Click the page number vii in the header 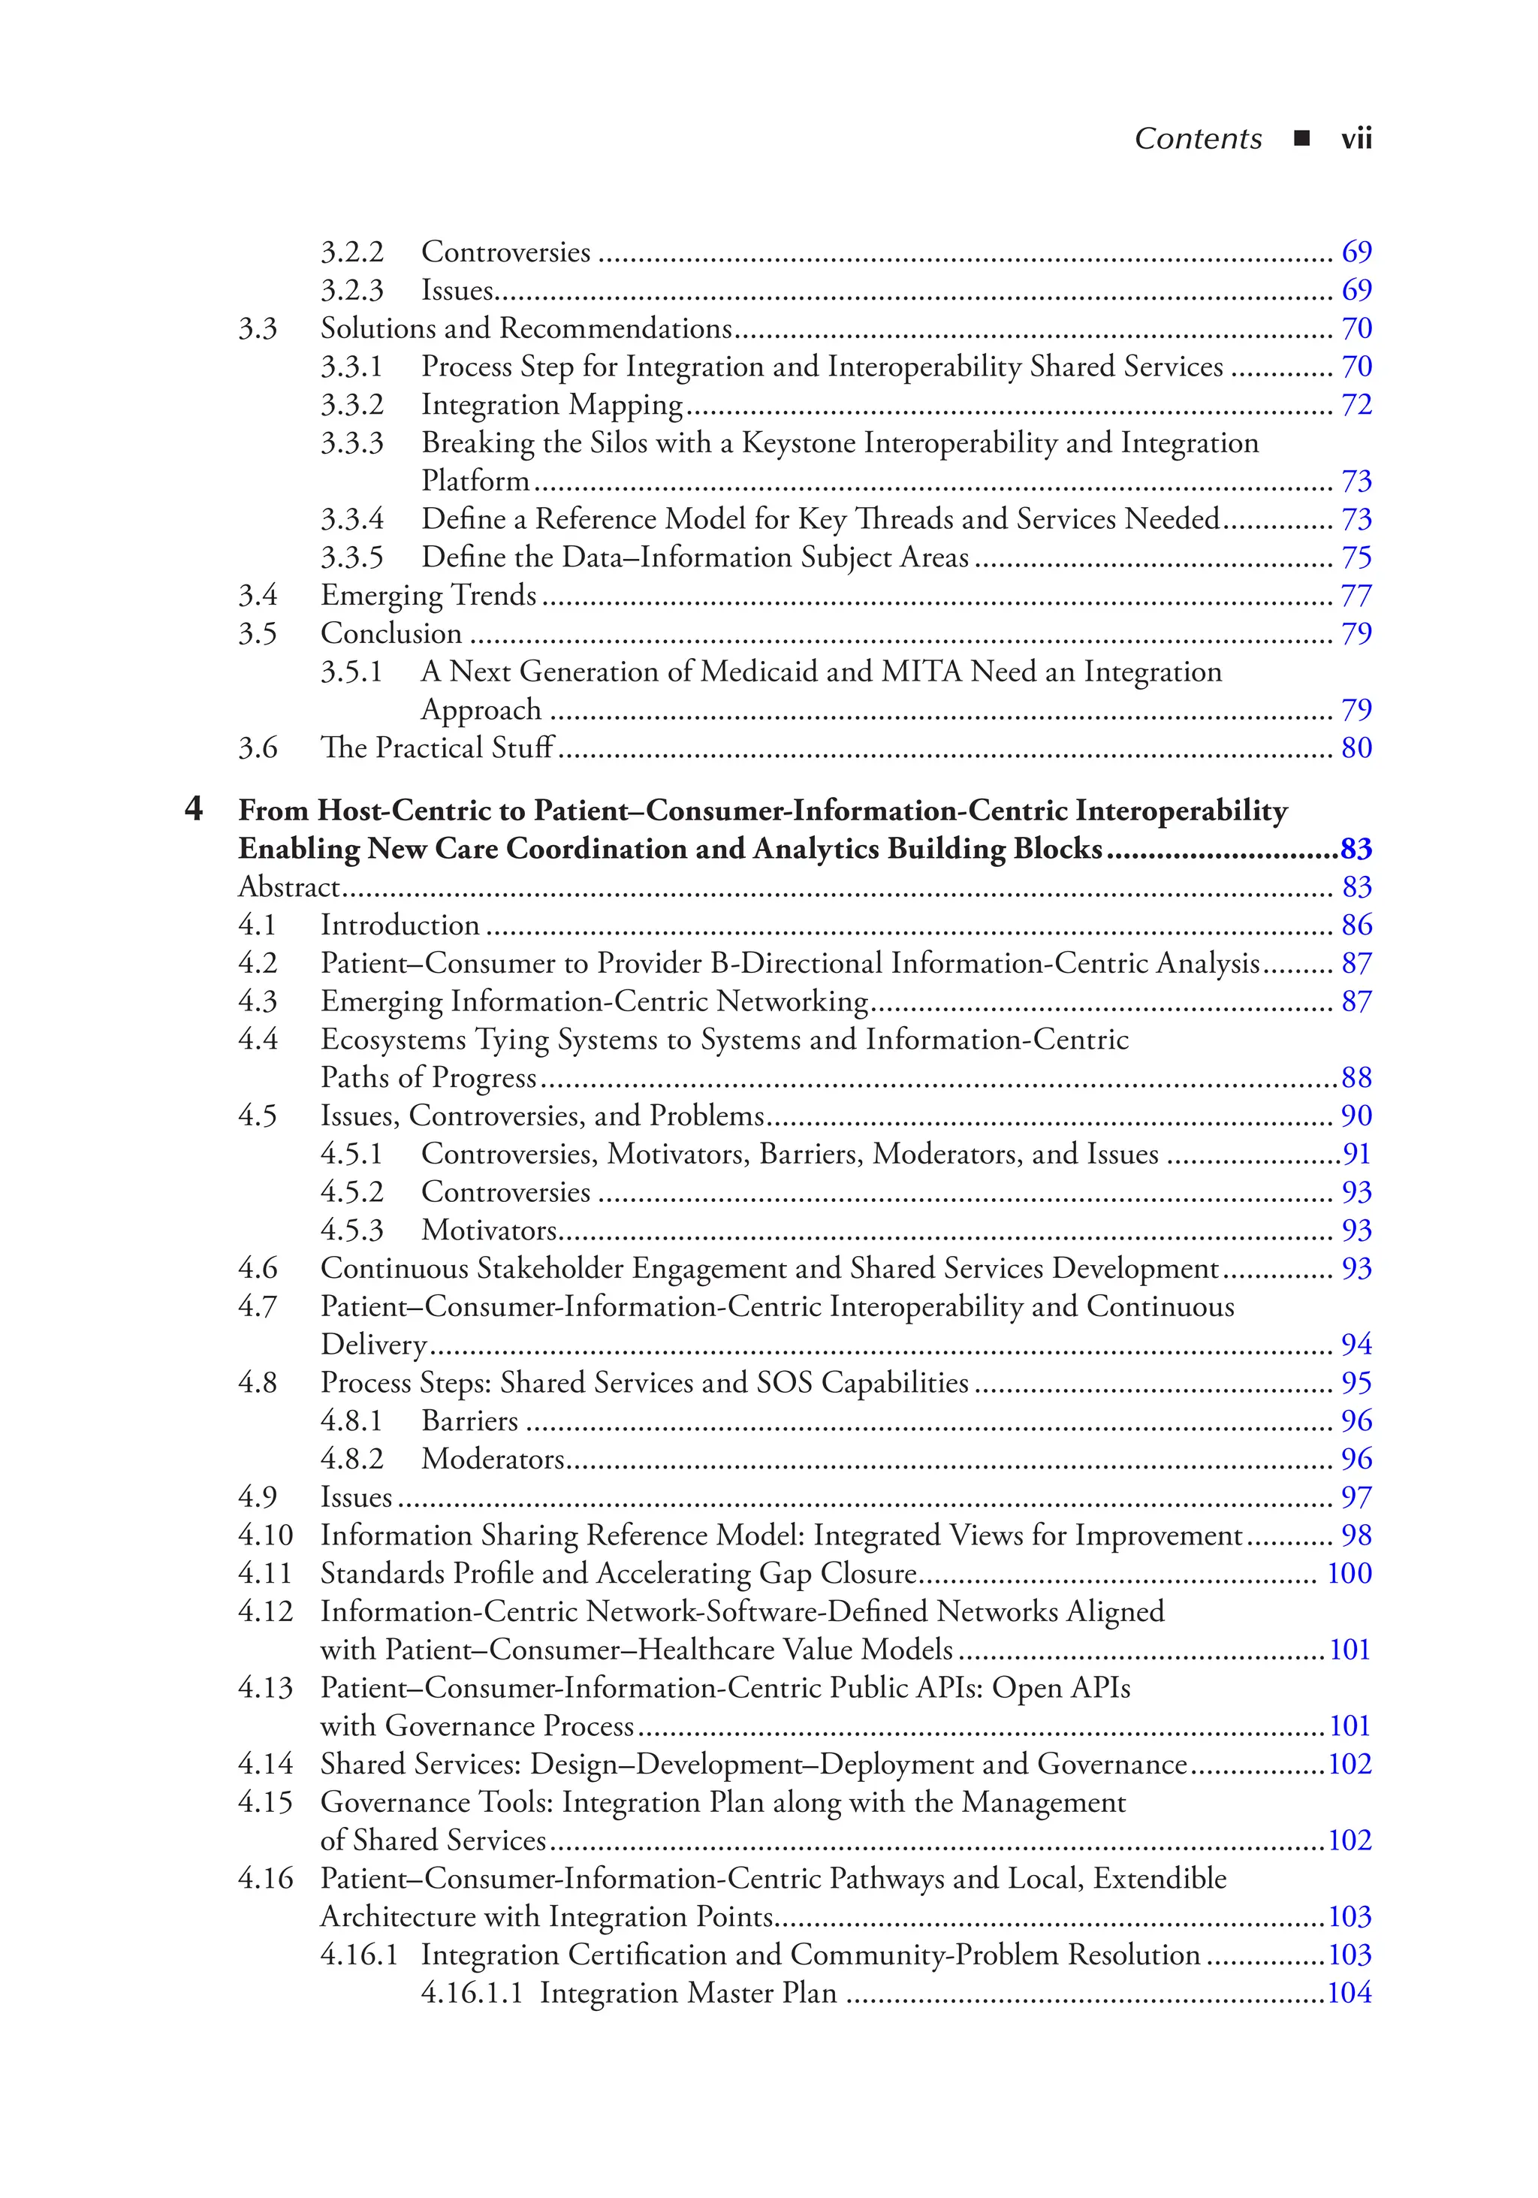coord(1356,140)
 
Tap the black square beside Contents coord(1301,139)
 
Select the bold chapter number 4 coord(193,809)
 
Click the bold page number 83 coord(1356,849)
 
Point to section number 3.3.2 coord(351,405)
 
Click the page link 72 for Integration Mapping coord(1356,405)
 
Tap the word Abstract coord(288,887)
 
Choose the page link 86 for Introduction coord(1356,925)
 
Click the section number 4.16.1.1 coord(472,1993)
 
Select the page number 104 coord(1350,1993)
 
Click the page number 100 coord(1350,1573)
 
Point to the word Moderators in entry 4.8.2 coord(493,1459)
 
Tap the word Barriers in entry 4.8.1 coord(470,1421)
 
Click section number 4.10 coord(265,1535)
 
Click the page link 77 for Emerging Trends coord(1356,596)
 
